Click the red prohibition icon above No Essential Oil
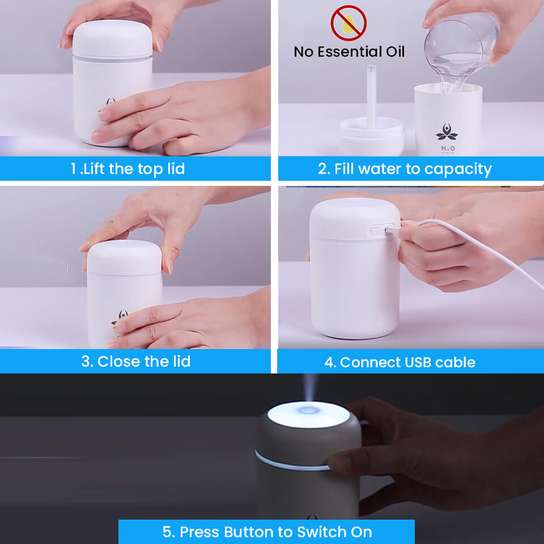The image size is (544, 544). point(348,23)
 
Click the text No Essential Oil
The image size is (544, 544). point(349,52)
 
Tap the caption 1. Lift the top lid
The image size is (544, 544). point(127,169)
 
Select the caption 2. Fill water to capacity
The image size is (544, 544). point(405,169)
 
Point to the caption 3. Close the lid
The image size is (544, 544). point(135,362)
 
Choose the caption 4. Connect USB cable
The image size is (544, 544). point(399,362)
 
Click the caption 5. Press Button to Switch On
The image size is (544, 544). point(267,532)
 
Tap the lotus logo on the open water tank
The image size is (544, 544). point(447,132)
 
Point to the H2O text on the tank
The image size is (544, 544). point(447,149)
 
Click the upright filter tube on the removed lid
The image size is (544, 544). point(371,96)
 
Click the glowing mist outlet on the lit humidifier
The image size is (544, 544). point(308,409)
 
